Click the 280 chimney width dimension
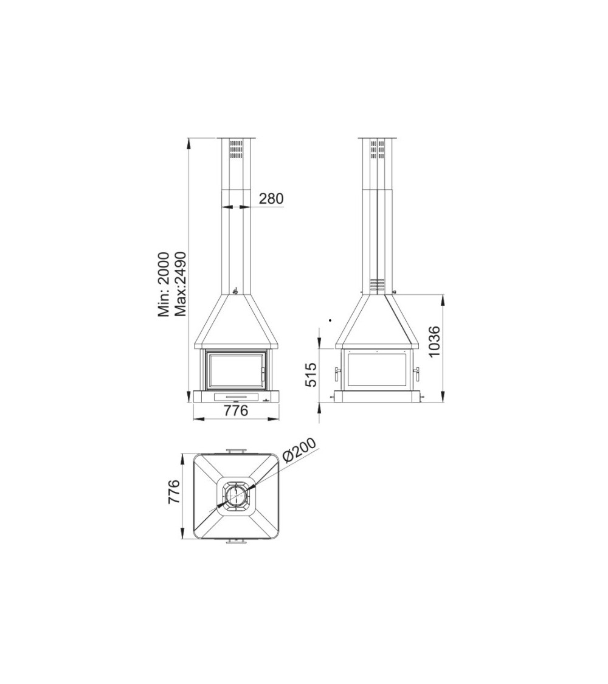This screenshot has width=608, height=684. [x=271, y=198]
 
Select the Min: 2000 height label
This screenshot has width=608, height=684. [x=163, y=285]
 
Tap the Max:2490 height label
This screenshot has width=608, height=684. [x=180, y=284]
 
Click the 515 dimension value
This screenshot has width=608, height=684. [x=311, y=375]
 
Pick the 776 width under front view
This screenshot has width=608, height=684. [x=235, y=410]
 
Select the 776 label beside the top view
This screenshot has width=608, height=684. [x=174, y=492]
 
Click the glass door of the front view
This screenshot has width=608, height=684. [x=237, y=371]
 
